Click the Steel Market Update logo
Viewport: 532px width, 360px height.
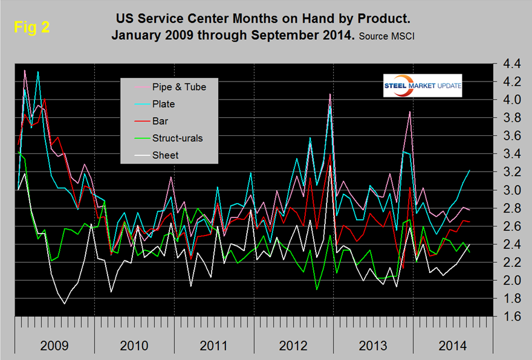[x=423, y=86]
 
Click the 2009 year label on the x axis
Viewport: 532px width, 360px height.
[x=55, y=346]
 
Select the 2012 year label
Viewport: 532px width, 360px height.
[x=293, y=346]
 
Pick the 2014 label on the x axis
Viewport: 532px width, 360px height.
[x=451, y=346]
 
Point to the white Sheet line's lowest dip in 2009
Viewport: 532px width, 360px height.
[x=64, y=303]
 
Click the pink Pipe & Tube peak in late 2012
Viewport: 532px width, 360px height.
[x=330, y=94]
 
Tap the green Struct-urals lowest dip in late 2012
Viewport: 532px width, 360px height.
[x=317, y=289]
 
